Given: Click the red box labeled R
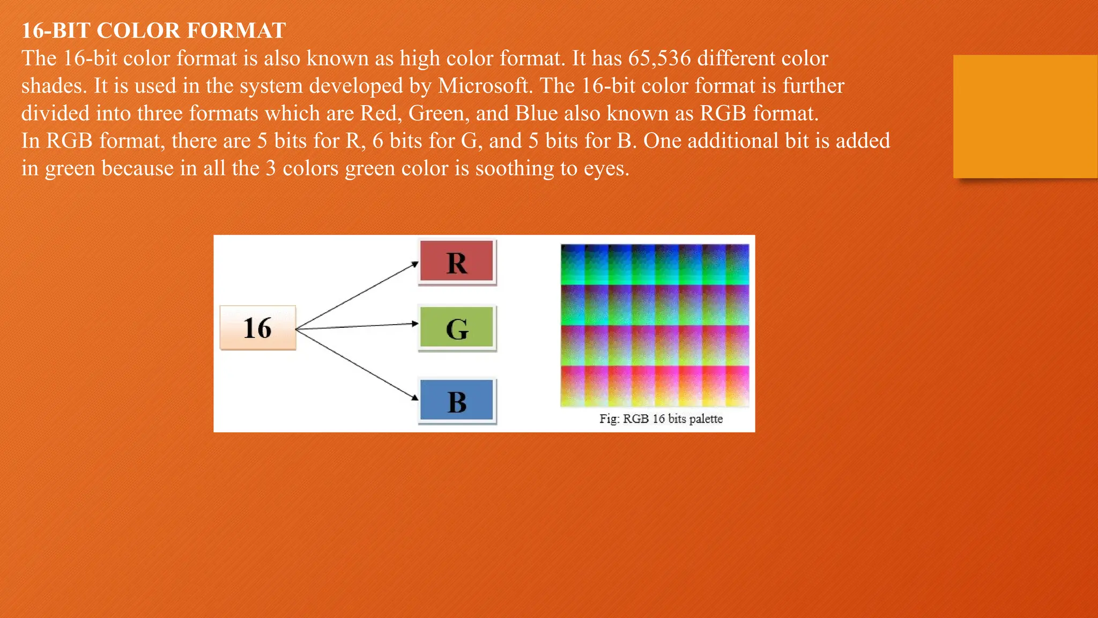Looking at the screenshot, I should point(456,261).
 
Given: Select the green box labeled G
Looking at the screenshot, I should point(456,327).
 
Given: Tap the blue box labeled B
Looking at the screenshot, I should point(456,400).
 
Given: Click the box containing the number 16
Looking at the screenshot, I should point(258,328).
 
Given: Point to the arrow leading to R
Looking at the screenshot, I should point(357,295).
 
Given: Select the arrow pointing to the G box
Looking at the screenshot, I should point(357,326).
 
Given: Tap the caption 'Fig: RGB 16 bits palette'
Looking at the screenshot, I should point(661,419).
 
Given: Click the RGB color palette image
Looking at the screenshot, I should point(655,325).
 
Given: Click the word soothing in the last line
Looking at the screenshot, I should point(514,168).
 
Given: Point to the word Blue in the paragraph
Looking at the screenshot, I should point(536,113).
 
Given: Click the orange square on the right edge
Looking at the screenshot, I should point(1025,116).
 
